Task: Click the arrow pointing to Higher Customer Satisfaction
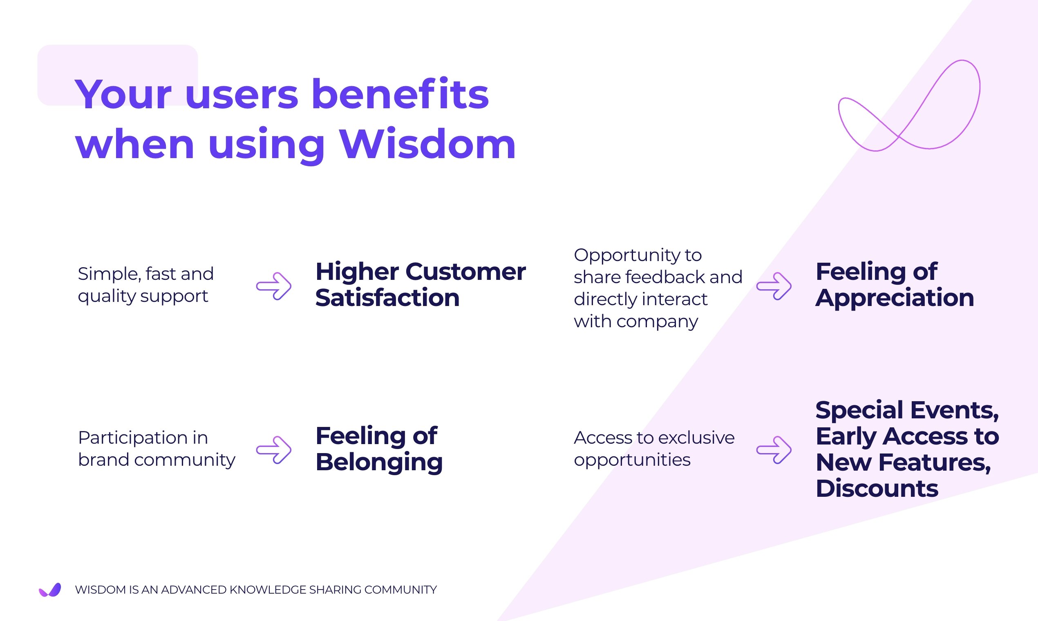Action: coord(274,286)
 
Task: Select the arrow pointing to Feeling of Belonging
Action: coord(274,450)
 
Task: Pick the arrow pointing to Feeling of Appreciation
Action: coord(774,286)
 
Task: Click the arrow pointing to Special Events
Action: coord(774,450)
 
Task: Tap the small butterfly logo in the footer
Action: coord(50,590)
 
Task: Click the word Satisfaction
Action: coord(387,298)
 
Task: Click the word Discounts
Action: coord(877,488)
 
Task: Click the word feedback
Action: coord(665,277)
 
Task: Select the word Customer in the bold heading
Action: coord(465,272)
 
